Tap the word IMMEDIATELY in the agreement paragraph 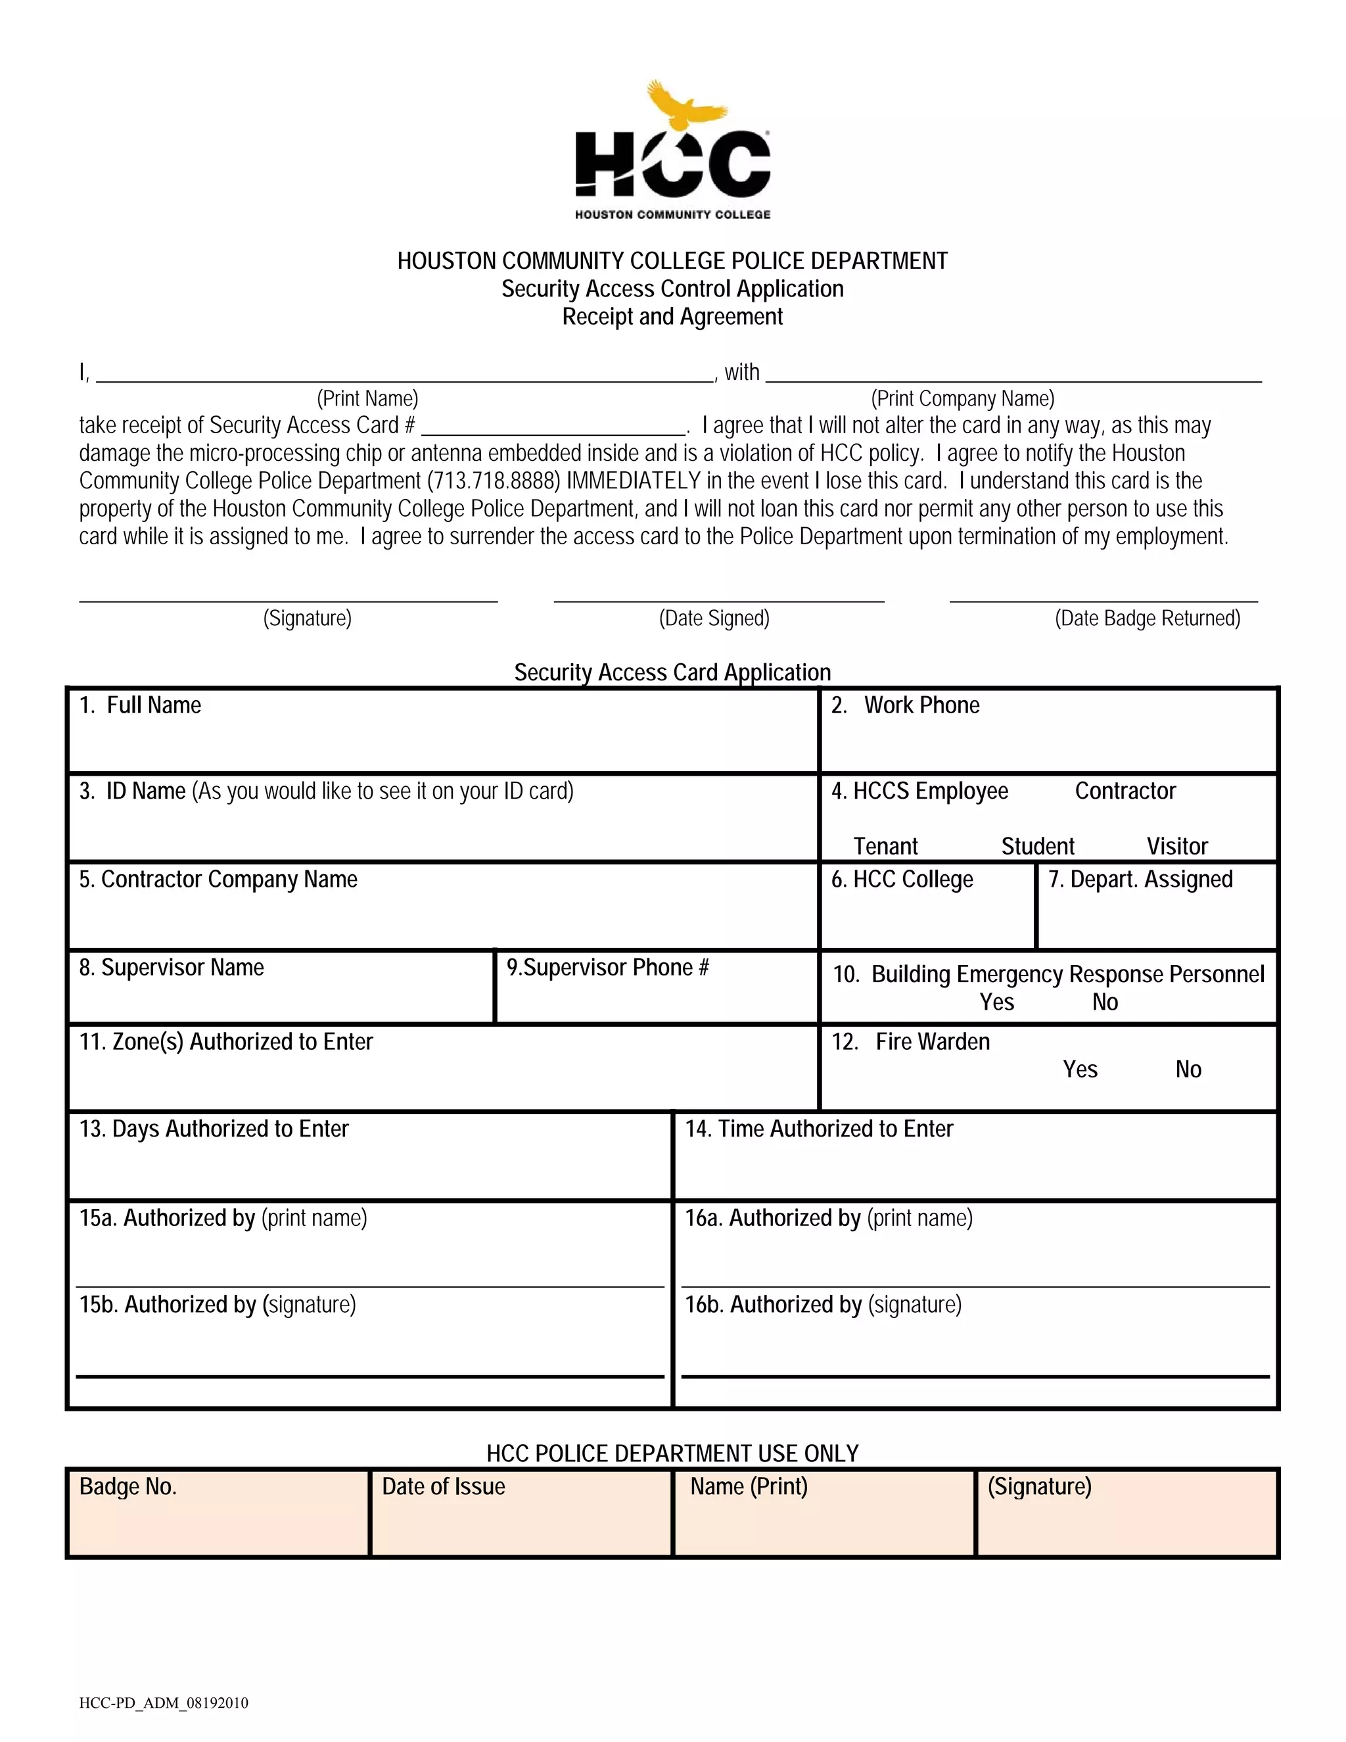[x=633, y=481]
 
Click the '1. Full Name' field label [x=141, y=705]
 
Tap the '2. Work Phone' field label [x=906, y=705]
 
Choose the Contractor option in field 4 [x=1125, y=791]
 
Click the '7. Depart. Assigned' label [x=1140, y=880]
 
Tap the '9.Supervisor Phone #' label [x=608, y=968]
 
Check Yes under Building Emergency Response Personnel [x=996, y=1002]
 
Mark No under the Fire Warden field [x=1188, y=1070]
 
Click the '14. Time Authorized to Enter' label [x=819, y=1129]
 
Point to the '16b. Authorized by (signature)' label [x=823, y=1305]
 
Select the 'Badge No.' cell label [x=128, y=1487]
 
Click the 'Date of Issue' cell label [x=444, y=1487]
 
